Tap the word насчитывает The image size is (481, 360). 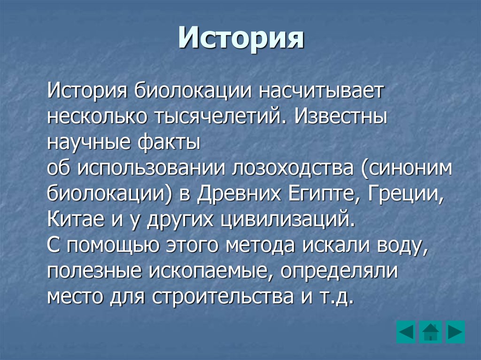319,90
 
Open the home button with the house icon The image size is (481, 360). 430,332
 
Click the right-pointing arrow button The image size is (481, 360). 455,332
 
